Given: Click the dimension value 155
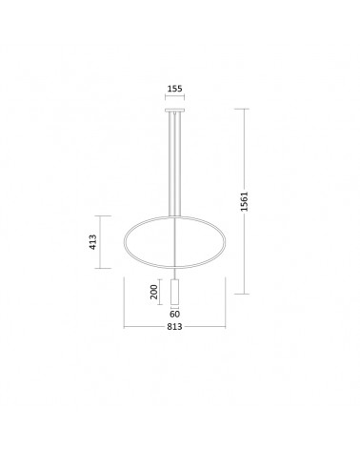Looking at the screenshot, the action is (x=175, y=89).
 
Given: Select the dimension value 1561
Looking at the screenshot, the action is (x=244, y=201).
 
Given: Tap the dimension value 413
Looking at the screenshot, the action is (x=92, y=242).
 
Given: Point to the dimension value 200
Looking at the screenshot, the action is (x=154, y=292).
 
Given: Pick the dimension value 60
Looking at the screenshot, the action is (x=175, y=314).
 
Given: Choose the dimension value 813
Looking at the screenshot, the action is (x=174, y=326).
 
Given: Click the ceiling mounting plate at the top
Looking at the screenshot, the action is (x=175, y=111).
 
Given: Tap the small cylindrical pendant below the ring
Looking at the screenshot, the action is (x=175, y=292).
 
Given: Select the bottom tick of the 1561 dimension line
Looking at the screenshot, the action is (x=242, y=294).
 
